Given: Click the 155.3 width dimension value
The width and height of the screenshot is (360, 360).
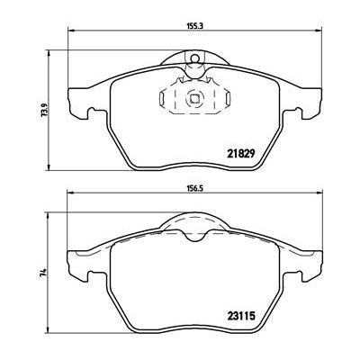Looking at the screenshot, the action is point(195,26).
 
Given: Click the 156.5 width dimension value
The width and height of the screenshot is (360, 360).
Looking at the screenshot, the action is point(195,189).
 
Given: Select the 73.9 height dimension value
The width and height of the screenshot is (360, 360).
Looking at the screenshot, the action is point(45,111).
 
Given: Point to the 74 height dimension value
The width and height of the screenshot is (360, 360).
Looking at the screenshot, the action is point(44,273).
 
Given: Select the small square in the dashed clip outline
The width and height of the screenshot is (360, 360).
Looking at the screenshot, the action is point(194,99).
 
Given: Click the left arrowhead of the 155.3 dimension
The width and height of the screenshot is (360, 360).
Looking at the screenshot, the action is point(71,30).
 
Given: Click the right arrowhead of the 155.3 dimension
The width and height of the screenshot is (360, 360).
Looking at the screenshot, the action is point(319,30).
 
